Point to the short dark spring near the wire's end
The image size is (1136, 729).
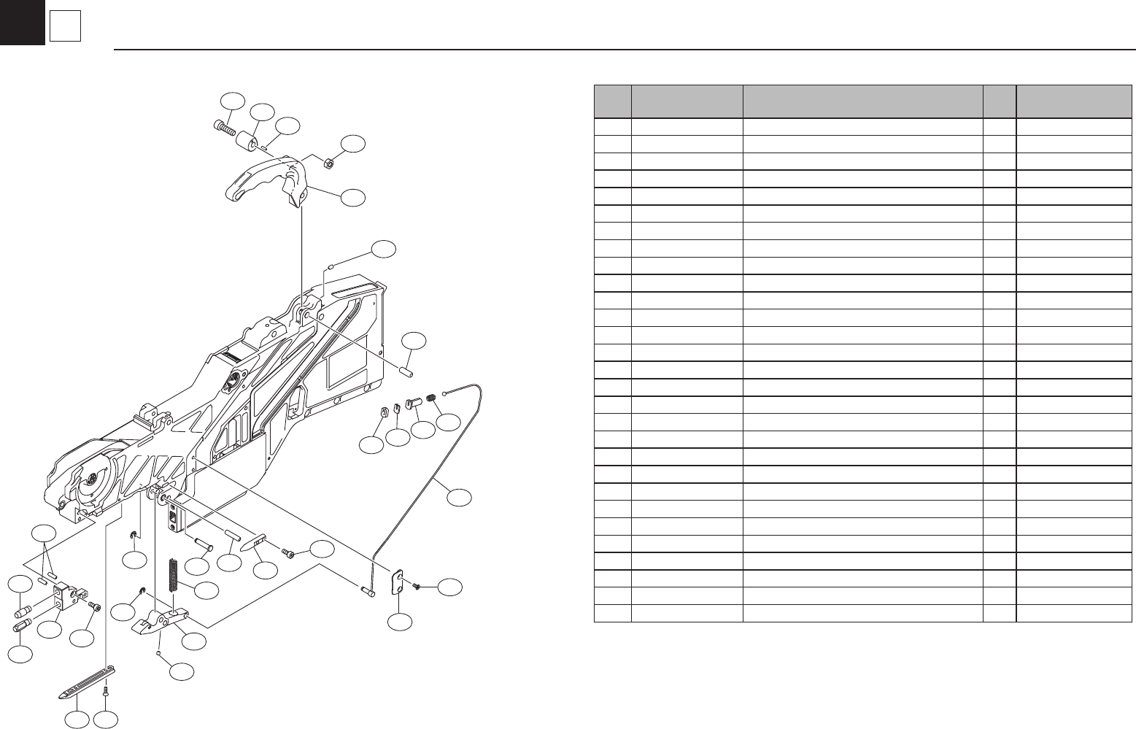point(432,398)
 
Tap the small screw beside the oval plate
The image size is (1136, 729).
point(417,586)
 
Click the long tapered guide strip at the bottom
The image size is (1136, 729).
point(87,682)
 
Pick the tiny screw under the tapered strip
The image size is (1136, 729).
point(106,690)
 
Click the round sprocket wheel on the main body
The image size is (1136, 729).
point(93,479)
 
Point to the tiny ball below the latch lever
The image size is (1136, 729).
point(159,654)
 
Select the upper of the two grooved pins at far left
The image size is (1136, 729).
point(23,611)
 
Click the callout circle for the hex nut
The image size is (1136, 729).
point(354,144)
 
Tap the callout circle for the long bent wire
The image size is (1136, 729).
point(459,498)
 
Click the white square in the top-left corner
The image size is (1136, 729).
point(64,28)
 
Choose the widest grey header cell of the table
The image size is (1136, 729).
point(862,101)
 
